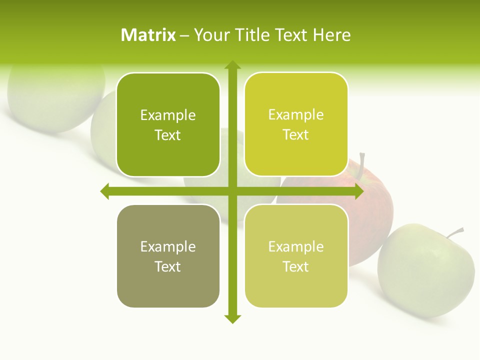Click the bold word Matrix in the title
tap(148, 35)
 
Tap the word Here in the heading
tap(332, 35)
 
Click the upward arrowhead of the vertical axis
tap(232, 65)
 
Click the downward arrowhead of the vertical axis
tap(232, 318)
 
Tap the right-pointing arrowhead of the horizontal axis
tap(359, 191)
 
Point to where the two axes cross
tap(232, 191)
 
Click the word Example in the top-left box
tap(168, 115)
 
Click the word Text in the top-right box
tap(295, 135)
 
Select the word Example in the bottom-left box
tap(168, 247)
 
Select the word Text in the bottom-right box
tap(295, 266)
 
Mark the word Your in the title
tap(211, 35)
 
